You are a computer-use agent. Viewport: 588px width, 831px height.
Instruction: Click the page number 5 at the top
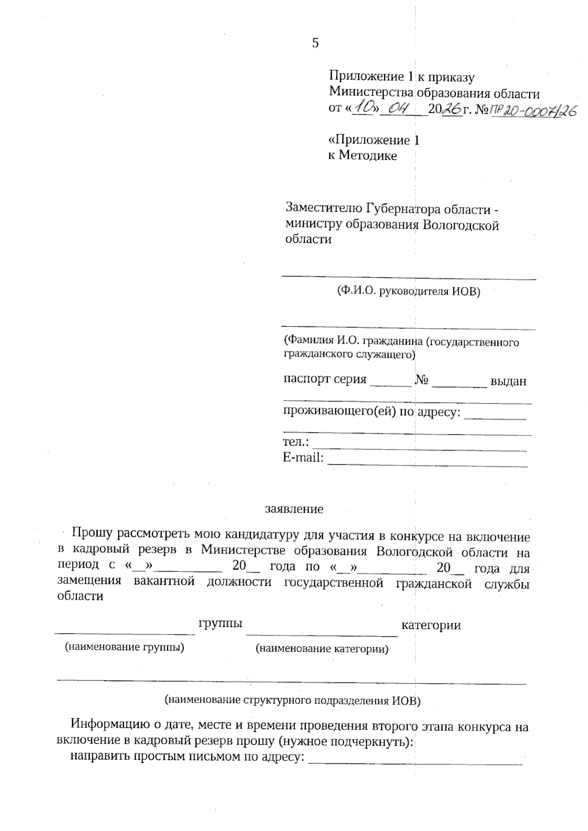[315, 43]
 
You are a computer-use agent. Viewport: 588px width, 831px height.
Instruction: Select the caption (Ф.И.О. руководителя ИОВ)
[408, 291]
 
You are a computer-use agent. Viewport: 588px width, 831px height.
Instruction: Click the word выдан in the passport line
[508, 381]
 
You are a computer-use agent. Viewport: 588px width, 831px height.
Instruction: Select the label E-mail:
[303, 457]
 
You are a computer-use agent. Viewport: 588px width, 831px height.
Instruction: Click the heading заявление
[294, 509]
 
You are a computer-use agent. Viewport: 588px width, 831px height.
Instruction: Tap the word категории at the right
[431, 625]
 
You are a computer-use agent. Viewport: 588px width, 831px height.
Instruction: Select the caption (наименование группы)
[124, 647]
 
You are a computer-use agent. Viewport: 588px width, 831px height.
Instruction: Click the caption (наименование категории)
[322, 649]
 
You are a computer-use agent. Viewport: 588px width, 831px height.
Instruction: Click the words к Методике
[362, 156]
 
